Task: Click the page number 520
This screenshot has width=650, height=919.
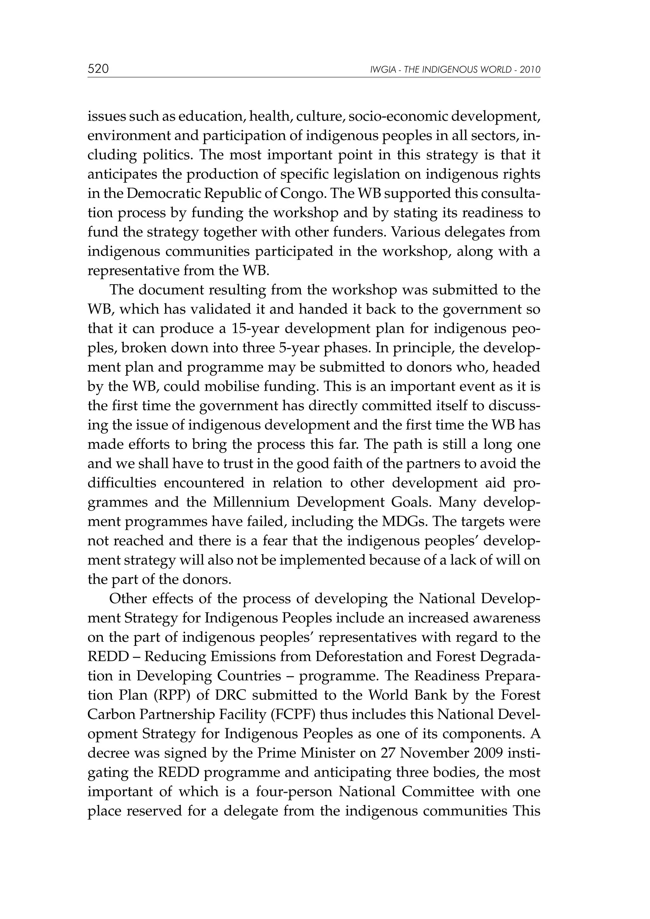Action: tap(98, 69)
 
